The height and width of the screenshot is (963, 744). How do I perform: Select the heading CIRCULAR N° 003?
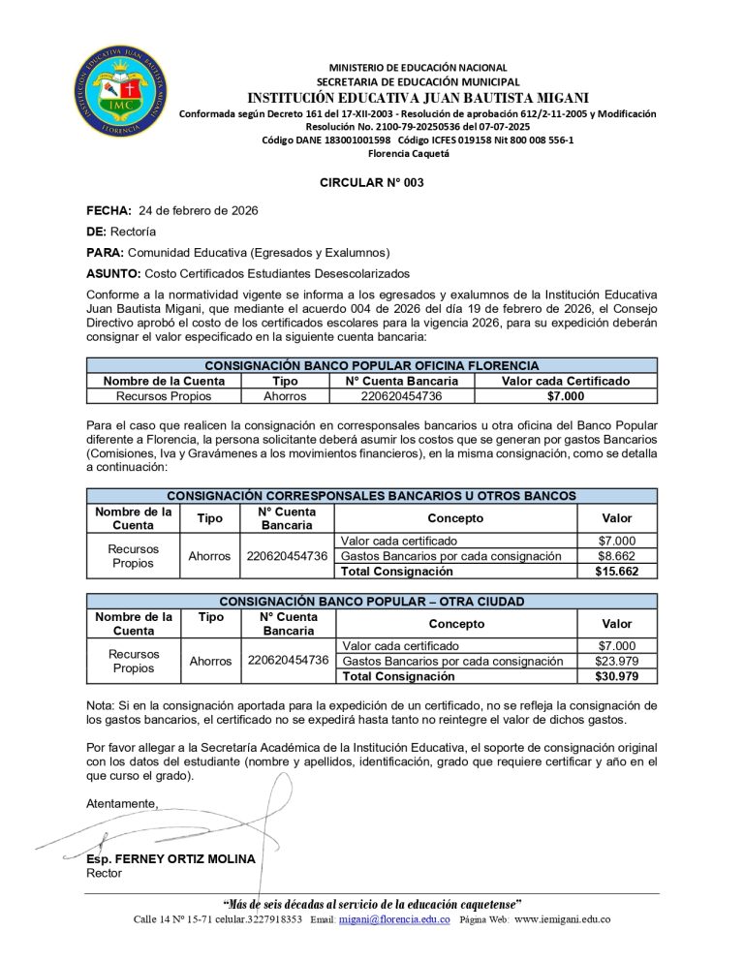372,182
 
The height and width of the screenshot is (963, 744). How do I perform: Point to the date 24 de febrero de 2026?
199,210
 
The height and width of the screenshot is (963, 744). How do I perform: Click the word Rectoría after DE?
134,232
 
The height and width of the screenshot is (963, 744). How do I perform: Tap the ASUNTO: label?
113,274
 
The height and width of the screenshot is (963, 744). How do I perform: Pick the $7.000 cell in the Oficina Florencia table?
565,395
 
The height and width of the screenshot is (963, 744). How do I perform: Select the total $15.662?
616,572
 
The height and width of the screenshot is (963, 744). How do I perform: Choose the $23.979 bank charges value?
616,661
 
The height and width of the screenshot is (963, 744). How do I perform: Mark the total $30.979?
616,676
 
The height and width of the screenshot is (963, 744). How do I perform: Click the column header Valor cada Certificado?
565,381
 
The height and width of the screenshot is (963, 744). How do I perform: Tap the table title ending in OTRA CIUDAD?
372,601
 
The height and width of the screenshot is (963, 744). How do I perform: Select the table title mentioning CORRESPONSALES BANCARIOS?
372,496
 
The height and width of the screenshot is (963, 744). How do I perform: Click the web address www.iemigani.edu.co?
562,919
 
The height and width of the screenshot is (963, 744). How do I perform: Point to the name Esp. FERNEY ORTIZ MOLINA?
170,858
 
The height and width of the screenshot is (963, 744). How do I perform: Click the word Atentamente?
121,804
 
